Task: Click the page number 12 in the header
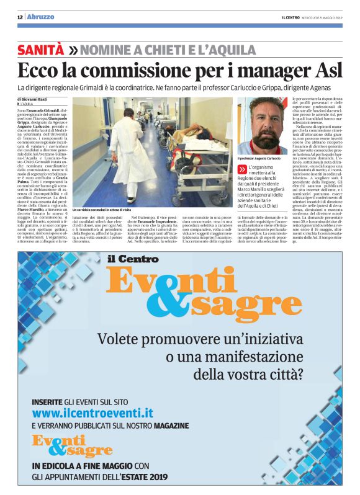20,17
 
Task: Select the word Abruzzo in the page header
40,17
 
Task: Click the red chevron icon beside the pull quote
243,169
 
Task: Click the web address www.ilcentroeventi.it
92,412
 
